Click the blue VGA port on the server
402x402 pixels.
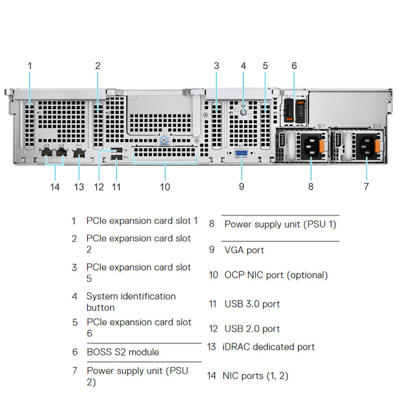(242, 154)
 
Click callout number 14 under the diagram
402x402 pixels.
(55, 187)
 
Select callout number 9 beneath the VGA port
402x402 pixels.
(242, 186)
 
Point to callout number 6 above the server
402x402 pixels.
(294, 65)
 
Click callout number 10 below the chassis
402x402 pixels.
(165, 187)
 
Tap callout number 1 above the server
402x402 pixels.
(30, 65)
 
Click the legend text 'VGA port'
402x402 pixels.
(244, 250)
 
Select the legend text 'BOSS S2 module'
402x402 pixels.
(123, 352)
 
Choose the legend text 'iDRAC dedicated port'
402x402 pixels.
(269, 347)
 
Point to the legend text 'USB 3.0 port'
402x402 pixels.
(252, 304)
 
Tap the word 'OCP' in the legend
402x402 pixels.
(234, 275)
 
